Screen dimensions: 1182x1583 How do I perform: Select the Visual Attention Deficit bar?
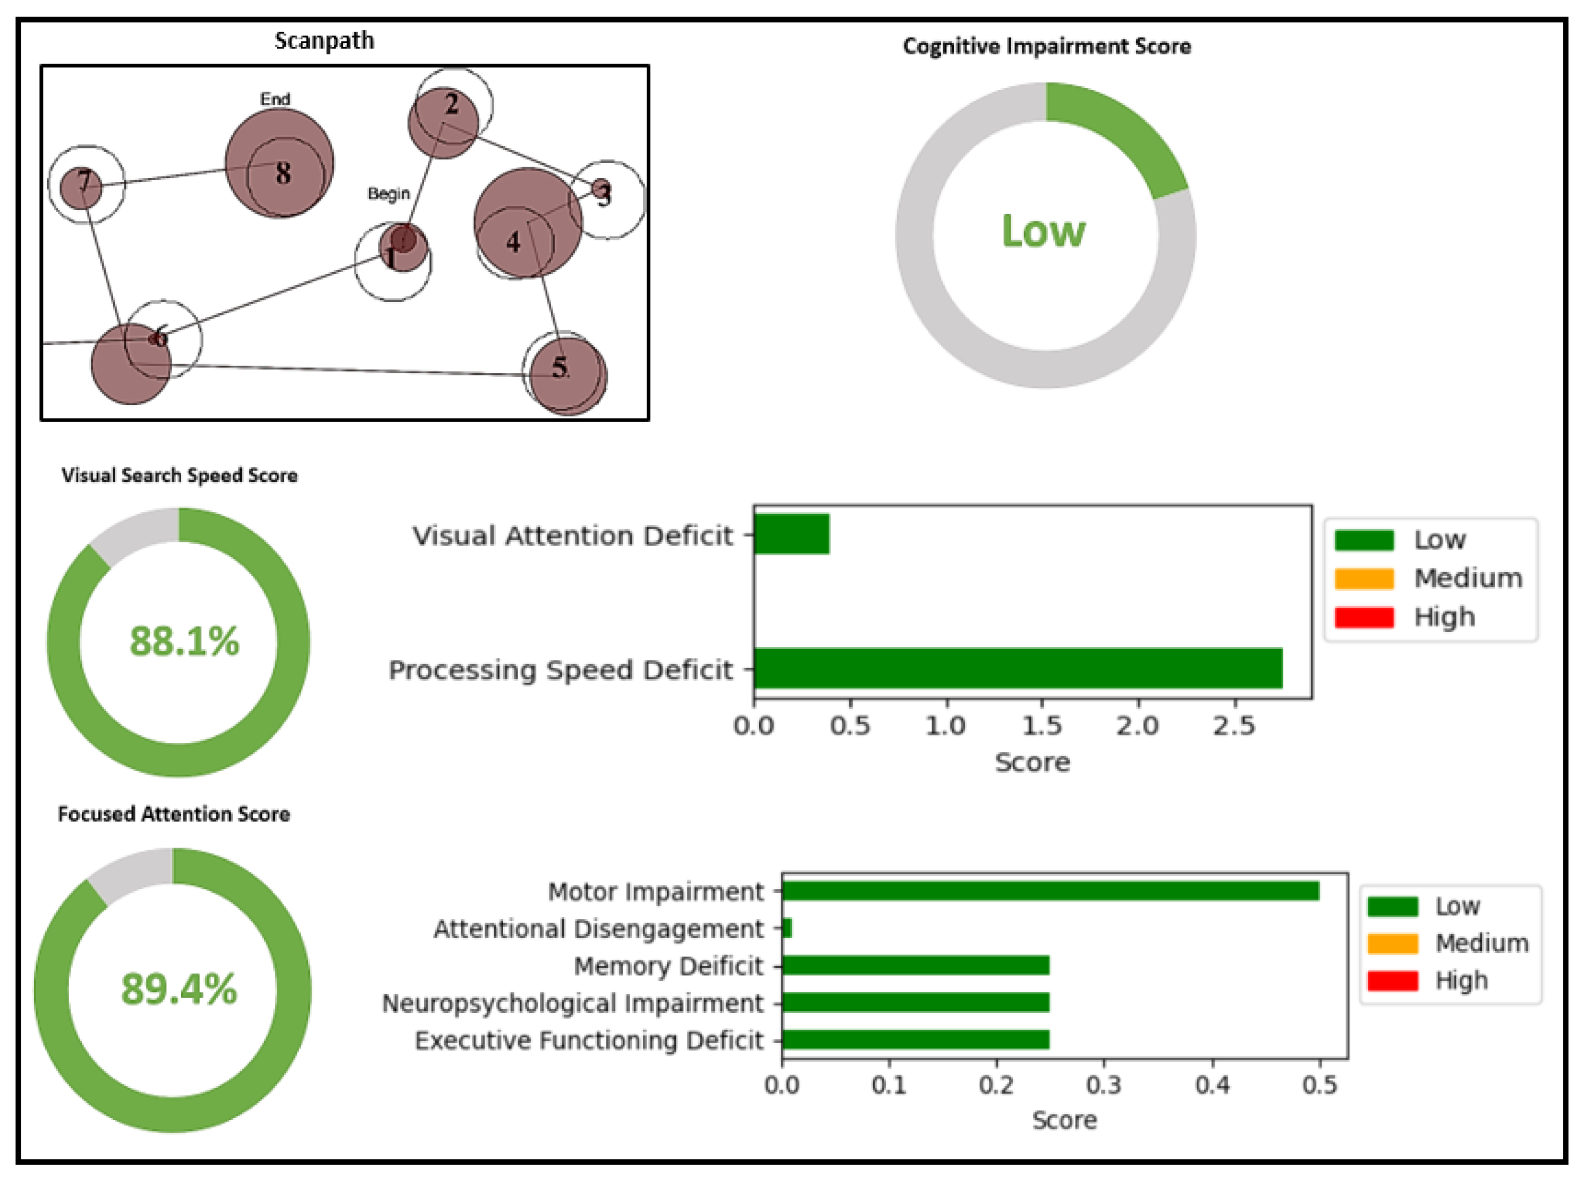pos(792,534)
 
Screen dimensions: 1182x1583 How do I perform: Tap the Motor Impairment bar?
pos(1051,891)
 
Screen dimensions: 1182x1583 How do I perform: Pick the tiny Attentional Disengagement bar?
pos(786,928)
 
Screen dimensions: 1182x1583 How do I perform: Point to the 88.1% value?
pos(184,641)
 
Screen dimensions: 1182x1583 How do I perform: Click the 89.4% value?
pos(179,990)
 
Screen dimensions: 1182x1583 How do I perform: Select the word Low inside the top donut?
pos(1043,231)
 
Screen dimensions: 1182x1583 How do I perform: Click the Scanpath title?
pos(324,41)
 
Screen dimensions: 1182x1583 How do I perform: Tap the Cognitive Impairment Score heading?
pos(1047,46)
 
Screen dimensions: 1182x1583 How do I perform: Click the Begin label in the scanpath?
pos(388,193)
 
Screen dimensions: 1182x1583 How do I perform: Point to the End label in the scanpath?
pos(275,99)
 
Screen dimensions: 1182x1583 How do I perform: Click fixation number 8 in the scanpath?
pos(283,173)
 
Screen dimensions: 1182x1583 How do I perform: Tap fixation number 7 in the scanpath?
pos(85,181)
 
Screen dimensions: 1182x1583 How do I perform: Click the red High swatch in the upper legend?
pos(1364,617)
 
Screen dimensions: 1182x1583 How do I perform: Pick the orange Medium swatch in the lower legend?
pos(1392,943)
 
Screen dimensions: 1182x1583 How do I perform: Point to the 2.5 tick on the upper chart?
pos(1234,725)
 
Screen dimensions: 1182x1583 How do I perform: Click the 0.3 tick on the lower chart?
pos(1104,1085)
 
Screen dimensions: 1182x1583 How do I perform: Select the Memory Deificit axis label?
pos(668,966)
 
